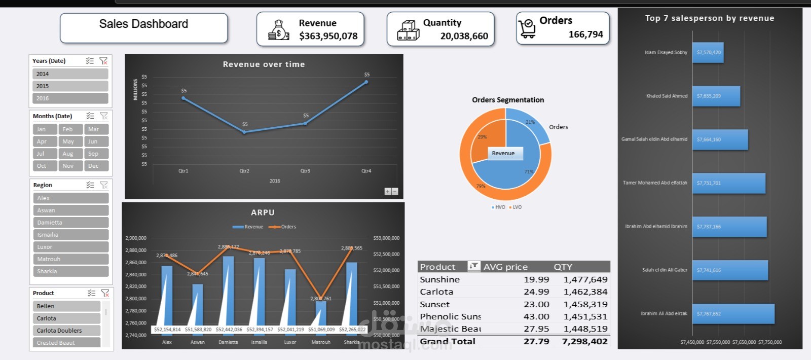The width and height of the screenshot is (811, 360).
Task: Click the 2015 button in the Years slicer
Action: [70, 86]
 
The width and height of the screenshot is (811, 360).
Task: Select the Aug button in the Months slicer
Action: [70, 154]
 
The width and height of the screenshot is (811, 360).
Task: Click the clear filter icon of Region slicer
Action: [104, 185]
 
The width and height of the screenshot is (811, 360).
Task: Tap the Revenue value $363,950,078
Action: [328, 36]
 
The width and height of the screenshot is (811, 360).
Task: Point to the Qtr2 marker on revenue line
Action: [244, 132]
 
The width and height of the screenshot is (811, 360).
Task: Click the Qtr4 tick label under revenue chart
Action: [366, 171]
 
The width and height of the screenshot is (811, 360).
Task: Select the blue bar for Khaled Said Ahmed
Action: [716, 96]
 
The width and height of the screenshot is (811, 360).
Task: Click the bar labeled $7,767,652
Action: [733, 314]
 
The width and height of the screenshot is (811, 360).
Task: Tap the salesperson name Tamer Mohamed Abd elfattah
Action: [655, 183]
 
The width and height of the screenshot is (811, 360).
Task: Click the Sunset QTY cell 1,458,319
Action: [585, 304]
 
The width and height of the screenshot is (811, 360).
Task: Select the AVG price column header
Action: [505, 267]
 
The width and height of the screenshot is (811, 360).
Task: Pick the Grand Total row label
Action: [448, 341]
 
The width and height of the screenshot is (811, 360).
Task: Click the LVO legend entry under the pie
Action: [515, 207]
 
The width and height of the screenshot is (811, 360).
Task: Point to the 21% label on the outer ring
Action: [530, 122]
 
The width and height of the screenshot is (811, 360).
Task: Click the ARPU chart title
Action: [263, 212]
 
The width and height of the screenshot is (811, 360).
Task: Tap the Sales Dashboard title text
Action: [143, 24]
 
